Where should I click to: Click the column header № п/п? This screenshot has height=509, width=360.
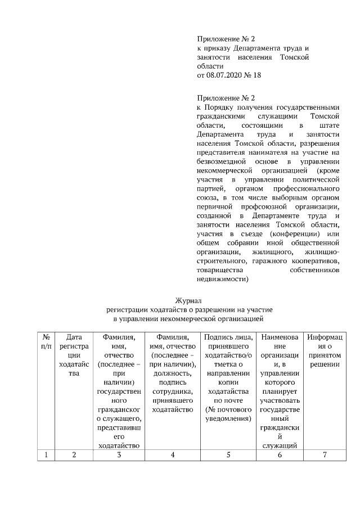47,341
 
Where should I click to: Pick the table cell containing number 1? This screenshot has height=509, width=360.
47,455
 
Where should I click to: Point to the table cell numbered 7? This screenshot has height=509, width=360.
325,455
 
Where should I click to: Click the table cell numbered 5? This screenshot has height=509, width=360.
228,455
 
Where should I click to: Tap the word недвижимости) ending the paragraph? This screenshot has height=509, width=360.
223,278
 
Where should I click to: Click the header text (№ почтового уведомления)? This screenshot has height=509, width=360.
228,415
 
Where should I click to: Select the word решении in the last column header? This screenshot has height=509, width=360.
325,364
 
